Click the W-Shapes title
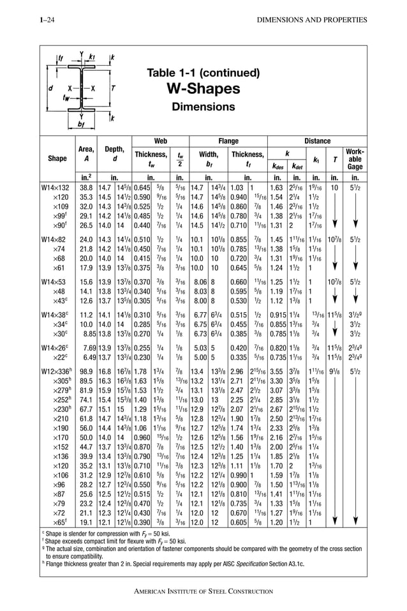tap(203, 87)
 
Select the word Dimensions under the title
tap(203, 107)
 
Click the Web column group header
tap(161, 140)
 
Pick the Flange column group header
tap(228, 140)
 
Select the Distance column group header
tap(317, 140)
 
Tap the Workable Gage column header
tap(355, 158)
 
